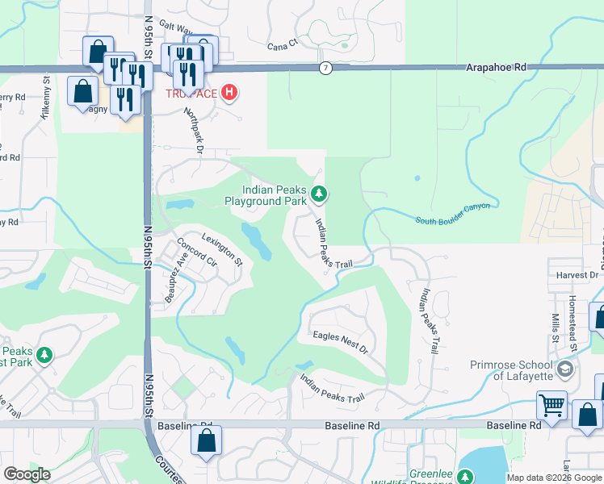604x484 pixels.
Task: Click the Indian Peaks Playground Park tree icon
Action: click(x=320, y=194)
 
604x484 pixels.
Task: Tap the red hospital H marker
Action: click(x=230, y=93)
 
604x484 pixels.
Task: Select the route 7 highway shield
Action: click(x=324, y=68)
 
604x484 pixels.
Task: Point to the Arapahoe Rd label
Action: click(x=497, y=69)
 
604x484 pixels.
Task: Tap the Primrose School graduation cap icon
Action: click(x=566, y=369)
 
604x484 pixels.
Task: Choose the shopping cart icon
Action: click(x=552, y=405)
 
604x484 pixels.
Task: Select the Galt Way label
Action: click(x=177, y=27)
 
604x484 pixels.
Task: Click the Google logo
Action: click(x=27, y=474)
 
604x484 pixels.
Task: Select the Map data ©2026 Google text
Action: click(x=554, y=478)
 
